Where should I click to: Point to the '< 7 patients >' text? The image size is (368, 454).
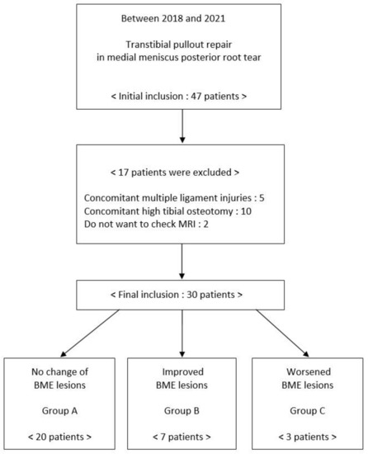182,434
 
